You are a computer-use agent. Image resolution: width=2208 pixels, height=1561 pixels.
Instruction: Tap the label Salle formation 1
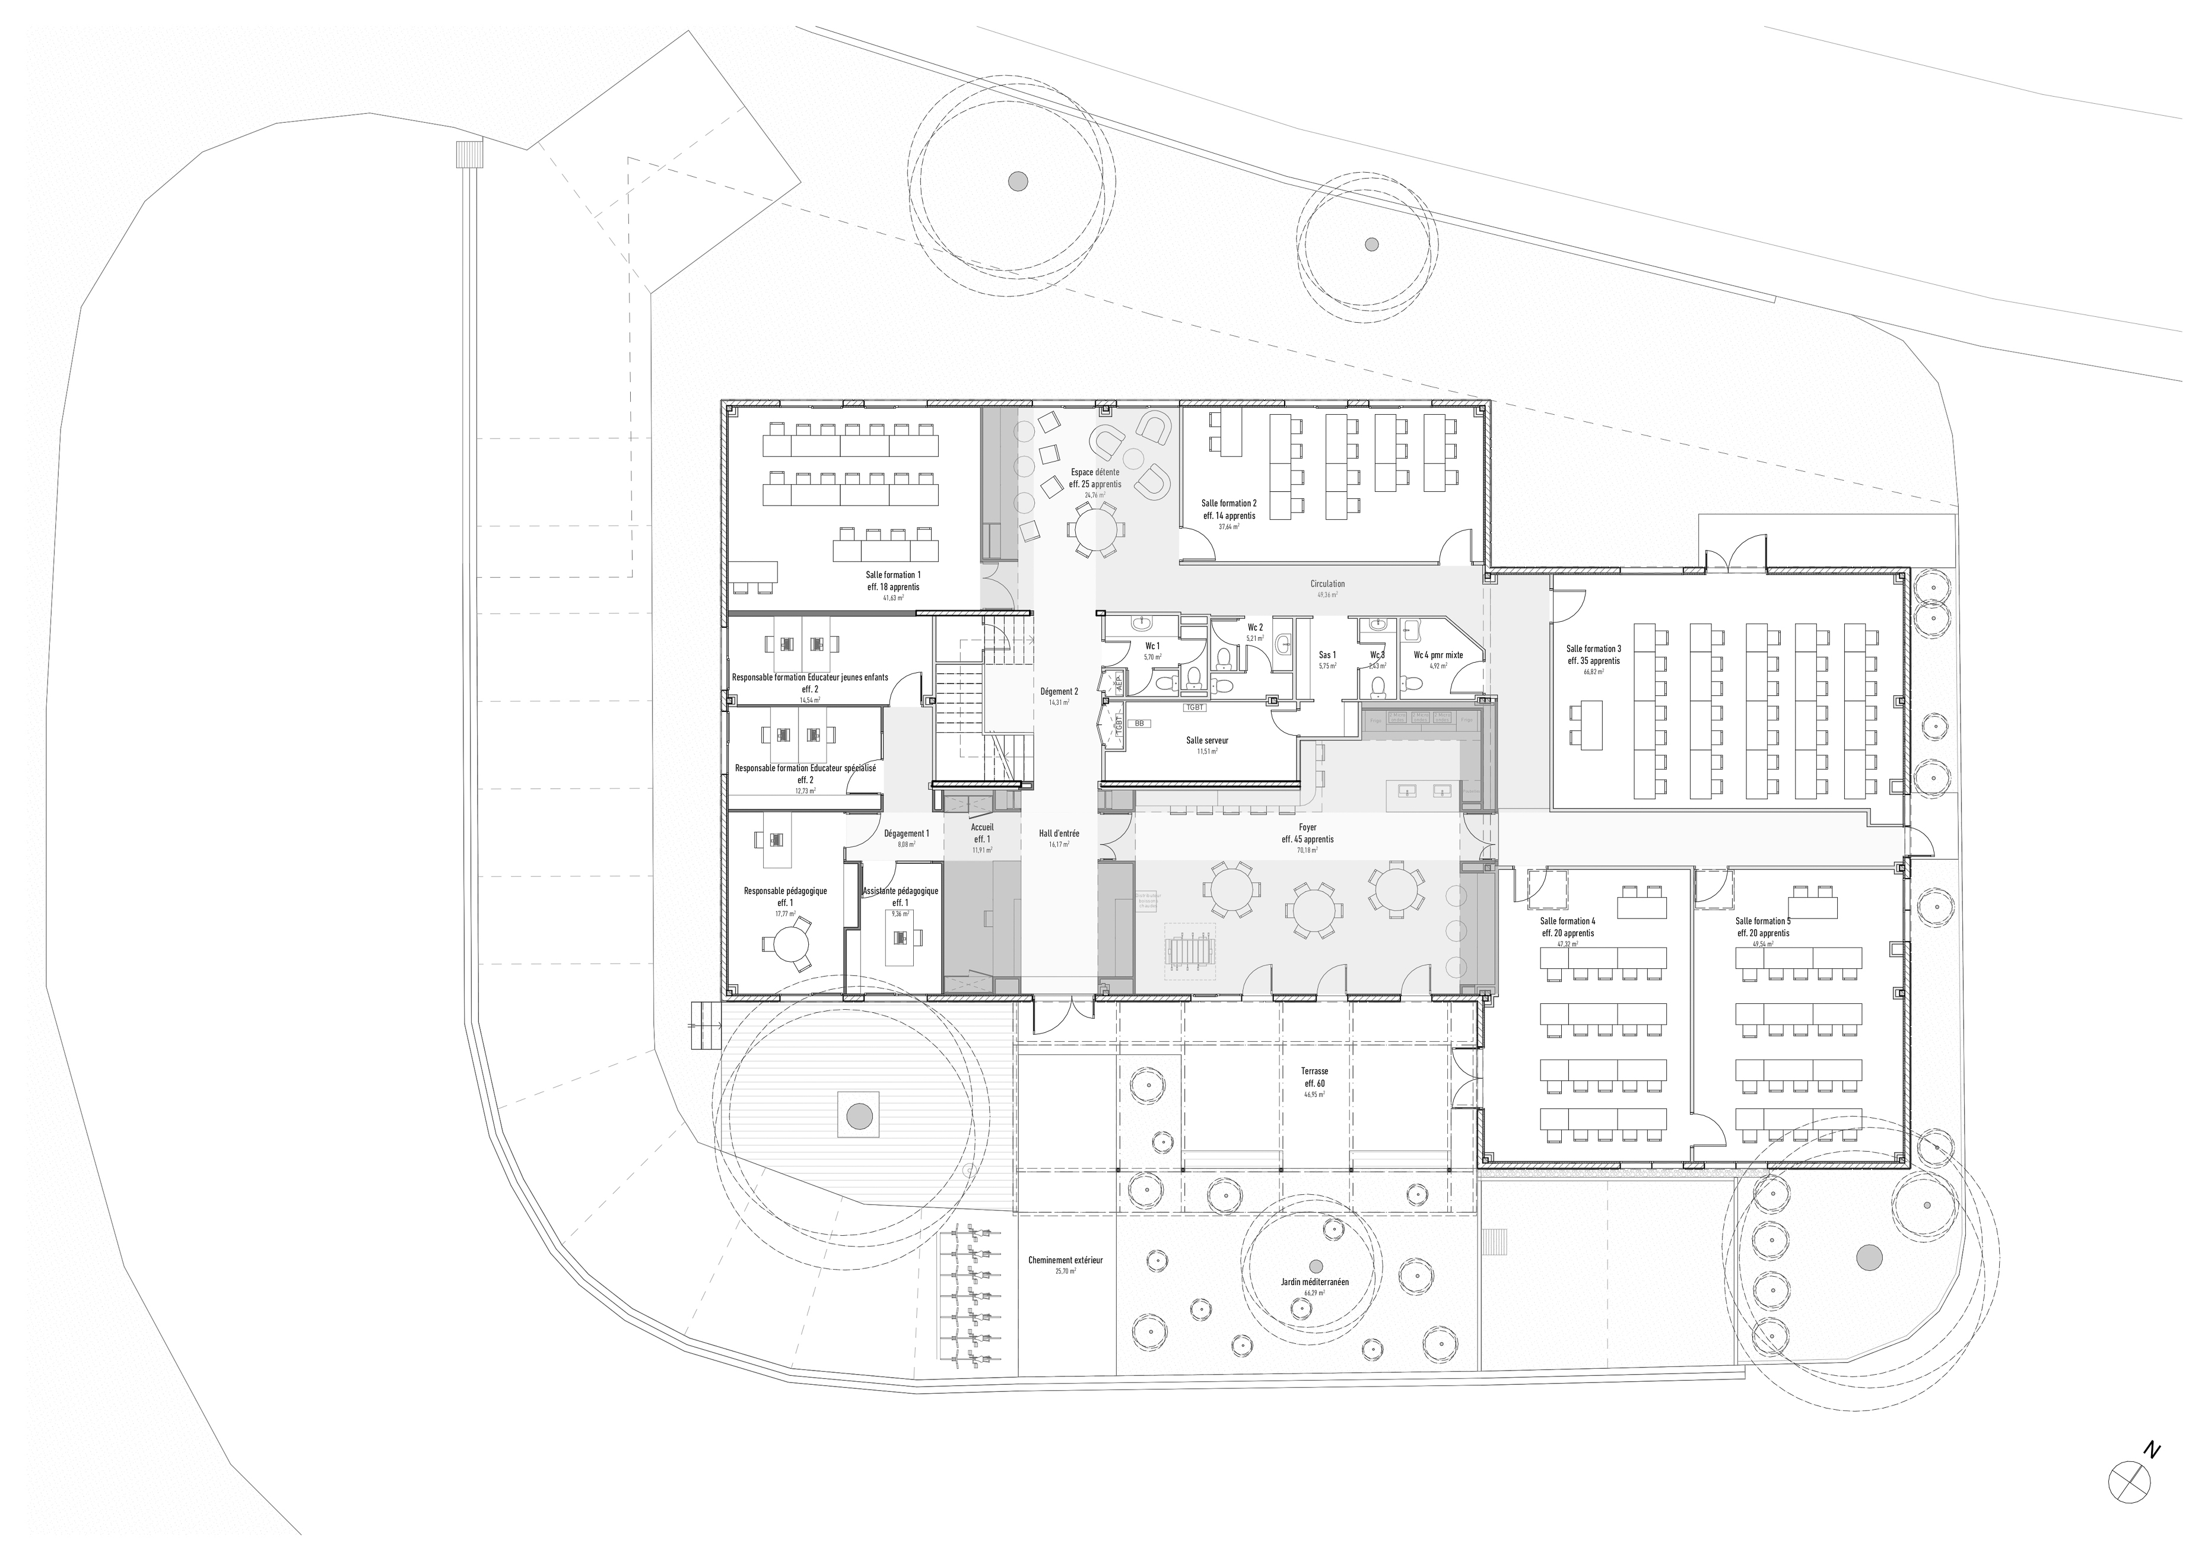tap(892, 574)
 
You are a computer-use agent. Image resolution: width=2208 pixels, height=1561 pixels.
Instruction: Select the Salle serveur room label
tap(1207, 740)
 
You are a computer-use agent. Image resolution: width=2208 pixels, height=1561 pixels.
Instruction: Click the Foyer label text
tap(1307, 827)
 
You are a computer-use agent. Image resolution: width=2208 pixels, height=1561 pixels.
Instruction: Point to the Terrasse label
tap(1314, 1070)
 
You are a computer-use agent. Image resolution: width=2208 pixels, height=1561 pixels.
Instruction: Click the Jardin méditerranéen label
tap(1314, 1282)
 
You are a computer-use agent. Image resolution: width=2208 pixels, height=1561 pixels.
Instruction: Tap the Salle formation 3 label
tap(1593, 649)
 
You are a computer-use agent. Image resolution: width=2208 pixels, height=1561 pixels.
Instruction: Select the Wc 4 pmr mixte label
tap(1438, 655)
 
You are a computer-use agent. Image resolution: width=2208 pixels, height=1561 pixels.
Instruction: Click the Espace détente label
tap(1095, 472)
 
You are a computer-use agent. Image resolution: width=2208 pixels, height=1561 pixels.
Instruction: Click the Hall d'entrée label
tap(1059, 834)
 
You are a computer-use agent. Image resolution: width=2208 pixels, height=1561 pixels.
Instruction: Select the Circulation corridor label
tap(1327, 584)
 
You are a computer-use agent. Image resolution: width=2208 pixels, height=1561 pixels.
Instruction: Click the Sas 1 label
tap(1327, 655)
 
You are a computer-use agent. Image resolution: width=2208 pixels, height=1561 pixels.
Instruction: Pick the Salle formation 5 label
tap(1763, 920)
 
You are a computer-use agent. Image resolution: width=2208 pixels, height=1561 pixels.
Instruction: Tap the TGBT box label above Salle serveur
tap(1194, 708)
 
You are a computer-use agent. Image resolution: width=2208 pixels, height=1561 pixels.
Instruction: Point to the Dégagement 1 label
tap(906, 834)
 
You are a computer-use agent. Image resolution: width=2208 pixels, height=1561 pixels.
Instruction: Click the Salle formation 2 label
tap(1228, 503)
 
